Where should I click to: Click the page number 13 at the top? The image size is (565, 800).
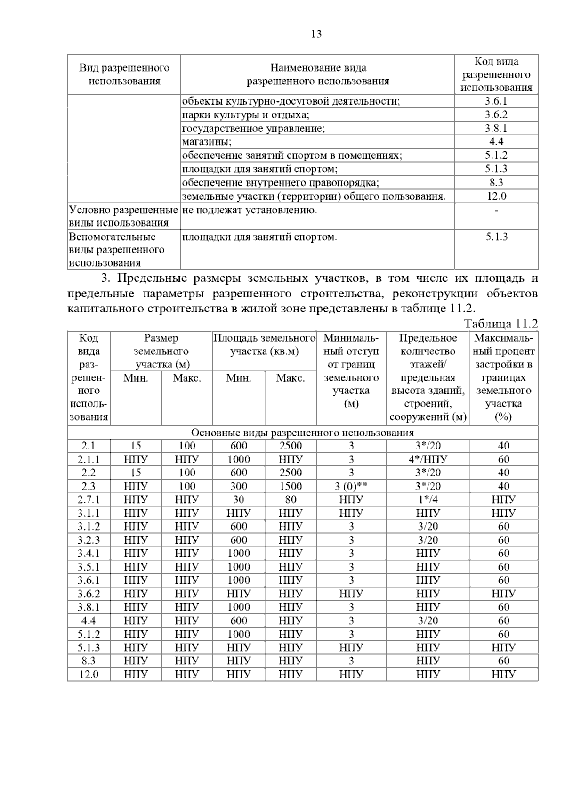(316, 34)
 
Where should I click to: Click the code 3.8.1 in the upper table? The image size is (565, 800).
(496, 128)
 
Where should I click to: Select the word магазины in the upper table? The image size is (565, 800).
(207, 142)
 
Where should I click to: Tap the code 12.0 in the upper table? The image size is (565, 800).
(496, 196)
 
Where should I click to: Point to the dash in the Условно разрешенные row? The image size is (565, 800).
(496, 210)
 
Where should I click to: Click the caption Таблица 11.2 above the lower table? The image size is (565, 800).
(500, 324)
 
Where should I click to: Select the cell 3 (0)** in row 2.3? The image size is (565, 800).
(351, 486)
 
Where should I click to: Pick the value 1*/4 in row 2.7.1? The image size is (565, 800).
(428, 499)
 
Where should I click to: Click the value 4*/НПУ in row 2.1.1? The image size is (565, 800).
(428, 459)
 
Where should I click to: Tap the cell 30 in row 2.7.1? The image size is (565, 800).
(239, 499)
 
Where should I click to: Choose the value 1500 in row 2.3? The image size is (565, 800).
(291, 486)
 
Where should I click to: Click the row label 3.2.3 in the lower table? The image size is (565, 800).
(89, 540)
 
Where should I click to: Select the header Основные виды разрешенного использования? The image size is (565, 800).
(302, 433)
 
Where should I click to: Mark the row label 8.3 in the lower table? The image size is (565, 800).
(89, 661)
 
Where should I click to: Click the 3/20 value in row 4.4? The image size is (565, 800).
(428, 620)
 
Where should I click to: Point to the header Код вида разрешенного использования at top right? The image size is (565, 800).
(496, 74)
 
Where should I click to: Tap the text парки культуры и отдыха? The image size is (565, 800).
(245, 114)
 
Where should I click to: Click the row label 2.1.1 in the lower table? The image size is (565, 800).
(89, 459)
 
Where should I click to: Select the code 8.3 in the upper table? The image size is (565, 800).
(496, 182)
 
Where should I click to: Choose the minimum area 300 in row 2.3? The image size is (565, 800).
(239, 486)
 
